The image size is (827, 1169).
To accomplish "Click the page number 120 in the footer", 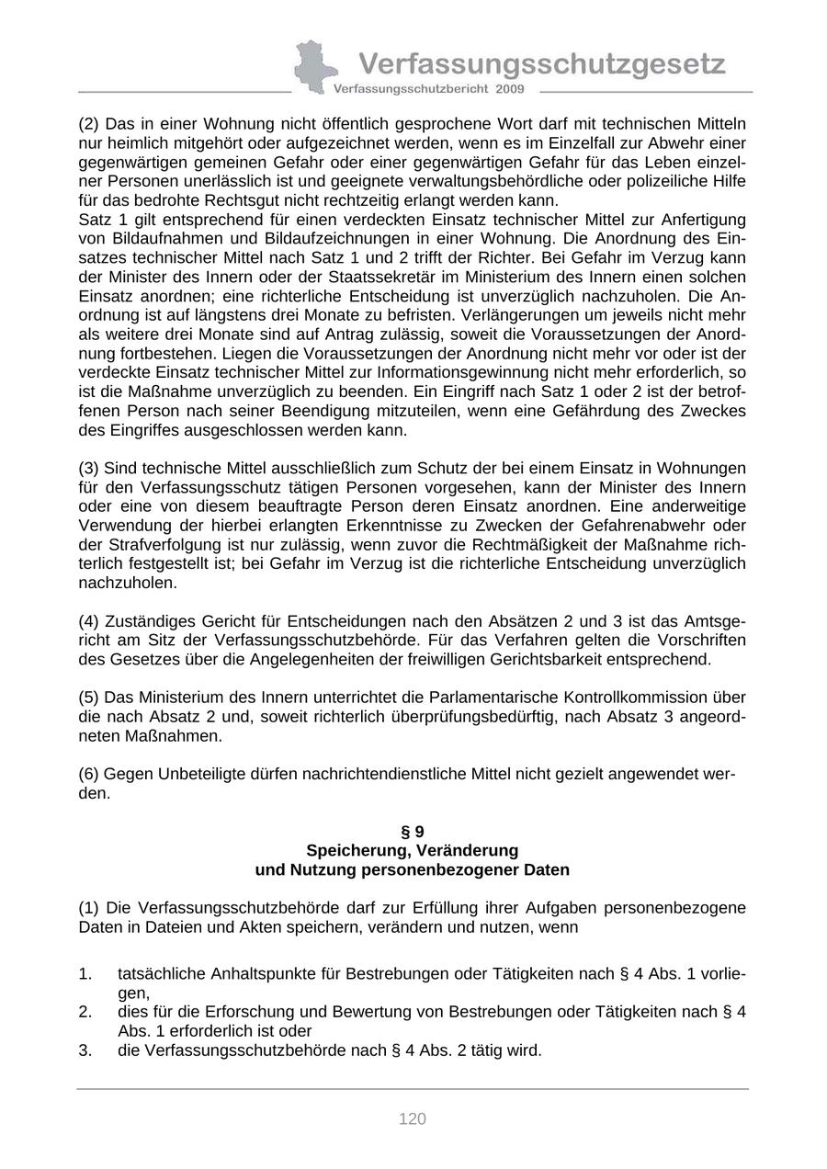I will click(413, 1118).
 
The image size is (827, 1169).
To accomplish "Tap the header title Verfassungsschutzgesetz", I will click(541, 63).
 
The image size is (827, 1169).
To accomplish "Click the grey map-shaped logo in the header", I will click(314, 66).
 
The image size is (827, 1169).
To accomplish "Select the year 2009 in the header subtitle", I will click(509, 89).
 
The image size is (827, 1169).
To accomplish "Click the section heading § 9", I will click(413, 832).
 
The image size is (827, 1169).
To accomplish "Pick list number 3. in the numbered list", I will click(85, 1050).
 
